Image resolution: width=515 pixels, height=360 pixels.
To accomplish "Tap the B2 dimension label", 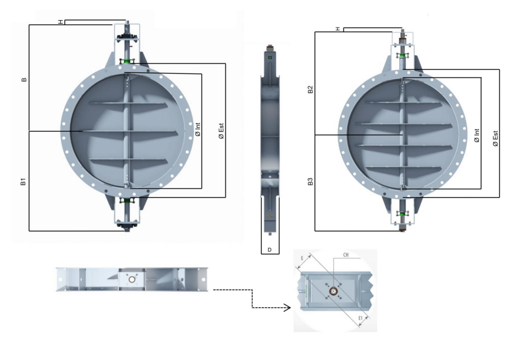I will point(310,89).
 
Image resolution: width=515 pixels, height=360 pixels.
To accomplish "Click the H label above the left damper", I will point(60,23).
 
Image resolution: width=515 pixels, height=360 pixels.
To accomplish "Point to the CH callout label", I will point(346,255).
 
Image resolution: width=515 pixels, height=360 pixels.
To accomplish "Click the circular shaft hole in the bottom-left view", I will point(132,279).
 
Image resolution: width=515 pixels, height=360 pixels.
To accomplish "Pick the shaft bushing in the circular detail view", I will point(332,291).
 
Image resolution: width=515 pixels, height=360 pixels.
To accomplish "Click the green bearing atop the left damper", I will point(126,61).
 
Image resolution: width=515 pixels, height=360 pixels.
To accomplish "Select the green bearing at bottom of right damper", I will point(401,214).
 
